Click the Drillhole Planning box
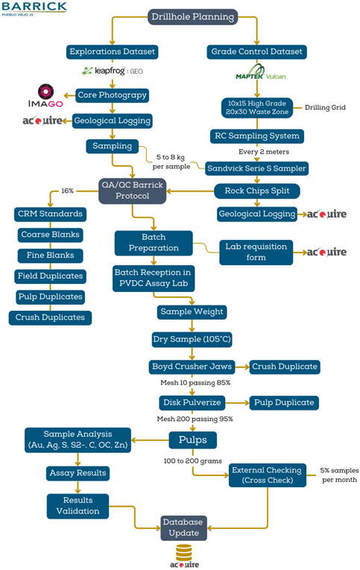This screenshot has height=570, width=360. coord(193,16)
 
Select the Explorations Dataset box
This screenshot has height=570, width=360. coord(112,51)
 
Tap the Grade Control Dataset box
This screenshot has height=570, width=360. coord(256,51)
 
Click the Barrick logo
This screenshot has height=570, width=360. coord(34,9)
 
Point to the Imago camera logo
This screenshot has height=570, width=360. coord(45,96)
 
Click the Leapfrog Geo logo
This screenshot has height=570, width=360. coord(113,71)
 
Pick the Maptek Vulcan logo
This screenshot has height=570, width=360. coord(260,72)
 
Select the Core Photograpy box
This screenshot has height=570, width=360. coord(112,95)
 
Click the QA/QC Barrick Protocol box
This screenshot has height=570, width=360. coord(133,191)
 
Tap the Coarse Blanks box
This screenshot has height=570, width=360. coord(50,235)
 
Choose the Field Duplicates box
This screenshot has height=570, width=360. coord(50,276)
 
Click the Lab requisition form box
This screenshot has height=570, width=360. coord(256,252)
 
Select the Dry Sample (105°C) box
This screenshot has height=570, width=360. coord(192,339)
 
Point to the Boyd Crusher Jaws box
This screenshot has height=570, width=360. coord(192,367)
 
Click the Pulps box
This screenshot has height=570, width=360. coord(193,440)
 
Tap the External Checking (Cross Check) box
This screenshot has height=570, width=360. coord(268,475)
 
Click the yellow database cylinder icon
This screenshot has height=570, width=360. coord(184,553)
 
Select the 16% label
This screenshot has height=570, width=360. coord(67,191)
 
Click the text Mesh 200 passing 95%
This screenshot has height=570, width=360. coord(195,419)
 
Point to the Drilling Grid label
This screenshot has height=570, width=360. coord(325,107)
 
